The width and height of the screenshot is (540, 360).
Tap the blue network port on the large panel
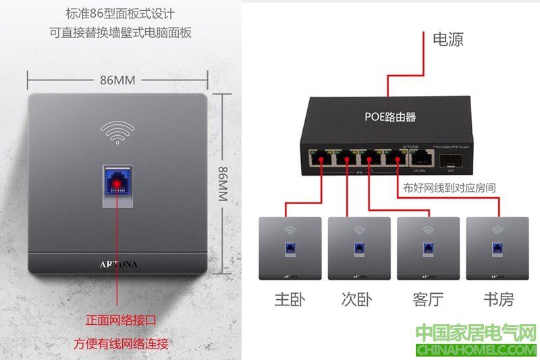[117, 182]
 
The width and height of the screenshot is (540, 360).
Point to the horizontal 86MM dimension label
[117, 80]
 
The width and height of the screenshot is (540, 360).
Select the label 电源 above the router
[448, 39]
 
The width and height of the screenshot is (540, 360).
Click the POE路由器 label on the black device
[390, 117]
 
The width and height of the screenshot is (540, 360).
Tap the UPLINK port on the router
[422, 158]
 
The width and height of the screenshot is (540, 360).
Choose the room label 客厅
[428, 299]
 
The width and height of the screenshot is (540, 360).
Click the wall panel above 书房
[497, 248]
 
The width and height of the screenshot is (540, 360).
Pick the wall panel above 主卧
[290, 248]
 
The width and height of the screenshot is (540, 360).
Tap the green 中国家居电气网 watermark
[475, 333]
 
